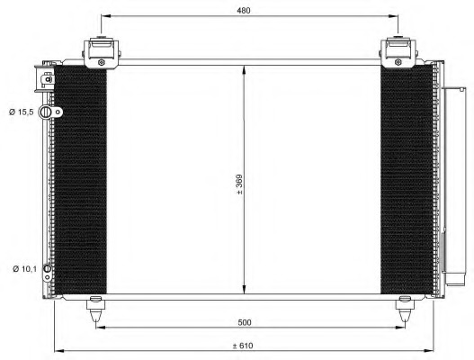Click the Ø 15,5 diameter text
22,112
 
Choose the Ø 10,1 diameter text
25,268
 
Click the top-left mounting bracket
101,50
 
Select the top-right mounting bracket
397,50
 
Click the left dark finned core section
81,180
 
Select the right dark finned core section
406,180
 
